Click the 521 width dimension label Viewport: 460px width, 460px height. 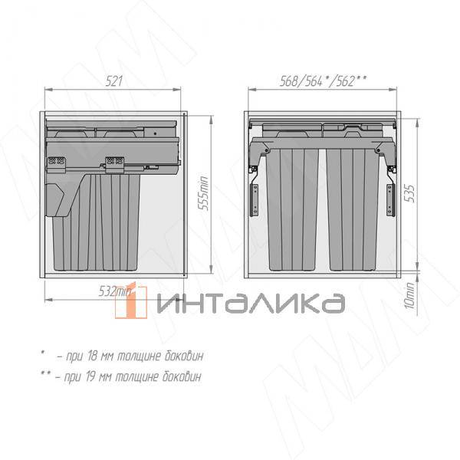(x=113, y=81)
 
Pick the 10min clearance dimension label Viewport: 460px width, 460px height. (x=409, y=294)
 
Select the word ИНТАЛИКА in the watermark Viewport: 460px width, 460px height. (x=249, y=303)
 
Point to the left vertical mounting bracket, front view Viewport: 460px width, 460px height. (x=252, y=195)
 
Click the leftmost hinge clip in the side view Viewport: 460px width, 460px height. (x=55, y=162)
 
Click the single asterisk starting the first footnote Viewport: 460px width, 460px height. (x=43, y=353)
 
